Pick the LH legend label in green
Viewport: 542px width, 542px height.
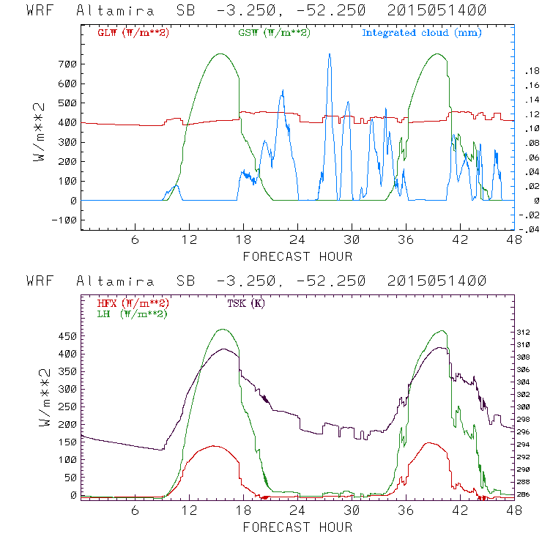pyautogui.click(x=129, y=313)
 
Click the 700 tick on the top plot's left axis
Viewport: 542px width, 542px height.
pyautogui.click(x=68, y=64)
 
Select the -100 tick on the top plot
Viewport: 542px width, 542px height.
pyautogui.click(x=64, y=220)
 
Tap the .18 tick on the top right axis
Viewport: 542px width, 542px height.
pyautogui.click(x=529, y=71)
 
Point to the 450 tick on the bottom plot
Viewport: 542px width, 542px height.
pyautogui.click(x=68, y=336)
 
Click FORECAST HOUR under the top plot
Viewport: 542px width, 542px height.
pyautogui.click(x=297, y=256)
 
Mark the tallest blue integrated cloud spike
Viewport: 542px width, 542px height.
pyautogui.click(x=330, y=55)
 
